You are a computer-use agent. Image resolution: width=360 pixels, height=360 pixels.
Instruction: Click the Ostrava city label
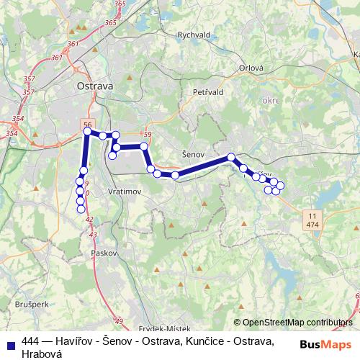(x=95, y=86)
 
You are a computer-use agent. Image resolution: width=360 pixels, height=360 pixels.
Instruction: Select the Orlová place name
(x=251, y=69)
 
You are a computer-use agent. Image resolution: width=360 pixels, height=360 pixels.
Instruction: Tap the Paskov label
(x=104, y=254)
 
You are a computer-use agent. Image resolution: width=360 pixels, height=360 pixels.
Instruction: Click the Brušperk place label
(x=31, y=304)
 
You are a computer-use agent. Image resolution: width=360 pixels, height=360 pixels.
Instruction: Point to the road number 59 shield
(x=148, y=135)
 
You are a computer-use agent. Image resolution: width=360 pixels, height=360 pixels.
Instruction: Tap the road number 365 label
(x=110, y=23)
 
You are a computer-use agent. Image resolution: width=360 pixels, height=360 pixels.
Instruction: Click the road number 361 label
(x=73, y=45)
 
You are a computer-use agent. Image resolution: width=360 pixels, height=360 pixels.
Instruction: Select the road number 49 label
(x=119, y=321)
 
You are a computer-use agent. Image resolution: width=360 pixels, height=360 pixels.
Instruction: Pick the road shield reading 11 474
(x=312, y=220)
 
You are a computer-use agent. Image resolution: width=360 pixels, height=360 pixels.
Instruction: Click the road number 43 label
(x=92, y=235)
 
